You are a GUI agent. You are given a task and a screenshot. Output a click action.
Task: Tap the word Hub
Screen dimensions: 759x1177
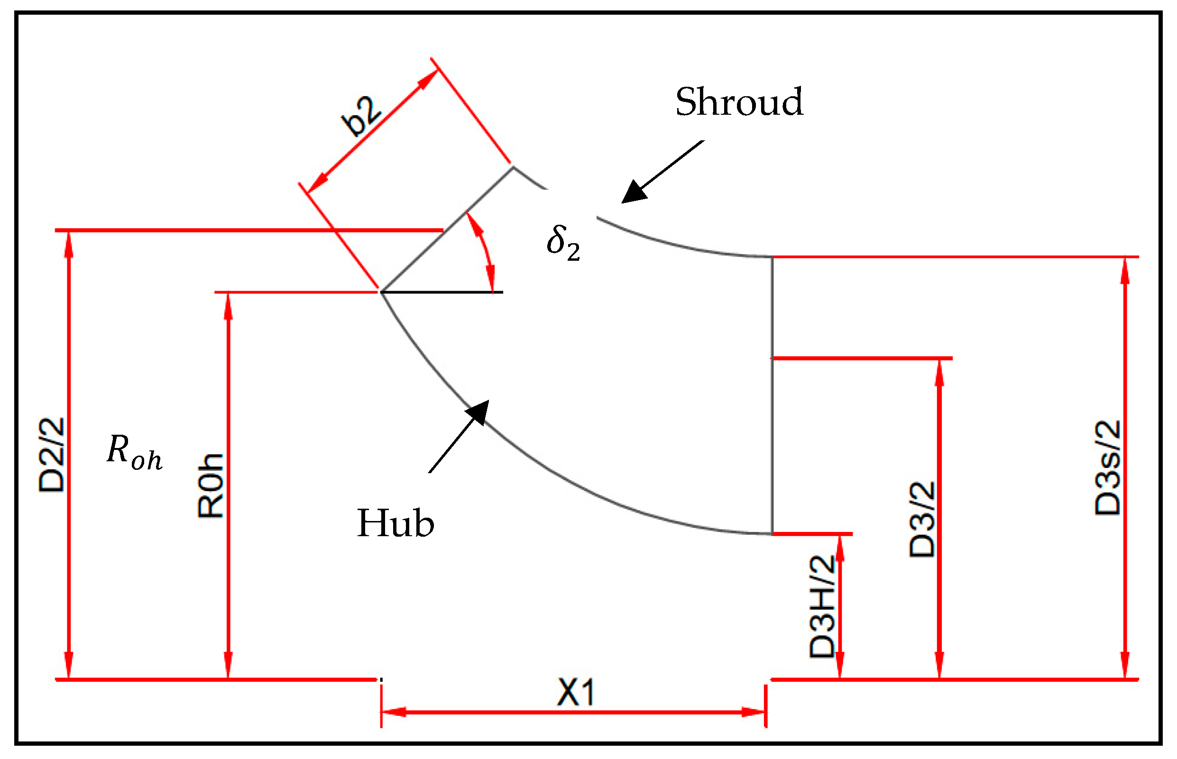[395, 523]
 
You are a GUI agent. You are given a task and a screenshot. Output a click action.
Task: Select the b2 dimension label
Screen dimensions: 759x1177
[361, 116]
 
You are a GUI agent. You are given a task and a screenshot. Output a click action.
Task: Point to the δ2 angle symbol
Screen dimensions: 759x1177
[563, 243]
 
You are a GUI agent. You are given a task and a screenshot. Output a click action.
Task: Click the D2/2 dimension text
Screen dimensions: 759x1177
[52, 455]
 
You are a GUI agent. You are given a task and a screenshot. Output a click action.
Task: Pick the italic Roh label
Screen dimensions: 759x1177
[134, 452]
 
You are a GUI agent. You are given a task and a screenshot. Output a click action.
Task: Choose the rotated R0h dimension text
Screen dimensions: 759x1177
[211, 485]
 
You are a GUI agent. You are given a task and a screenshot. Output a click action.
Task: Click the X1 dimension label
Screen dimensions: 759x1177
[575, 693]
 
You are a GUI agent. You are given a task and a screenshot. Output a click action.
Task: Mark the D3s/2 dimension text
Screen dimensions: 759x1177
[1107, 468]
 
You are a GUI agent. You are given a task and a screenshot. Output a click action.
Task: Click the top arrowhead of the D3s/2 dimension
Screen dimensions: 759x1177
[1125, 271]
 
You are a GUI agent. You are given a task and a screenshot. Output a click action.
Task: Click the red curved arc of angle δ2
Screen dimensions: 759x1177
[486, 251]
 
